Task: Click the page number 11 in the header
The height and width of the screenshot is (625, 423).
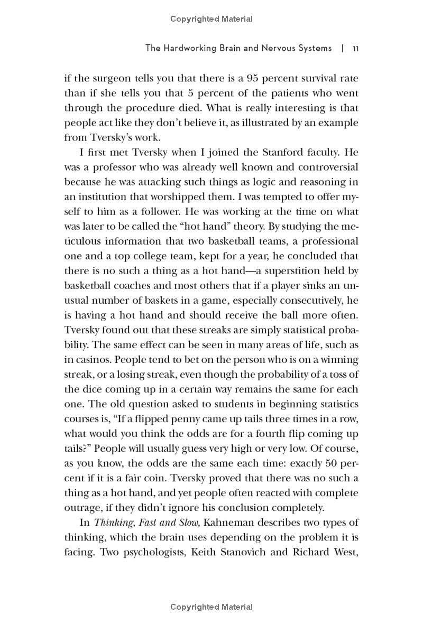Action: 356,48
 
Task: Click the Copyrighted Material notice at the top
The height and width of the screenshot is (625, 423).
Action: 212,19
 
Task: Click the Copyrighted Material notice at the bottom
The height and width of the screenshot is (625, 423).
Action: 212,607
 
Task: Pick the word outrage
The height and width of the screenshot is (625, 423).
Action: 82,508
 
